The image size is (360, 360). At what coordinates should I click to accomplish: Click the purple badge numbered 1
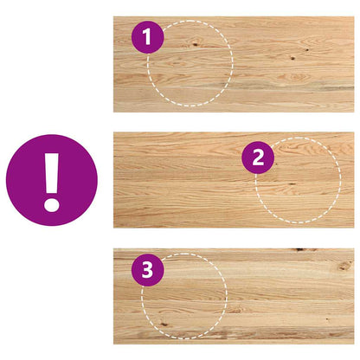tap(148, 37)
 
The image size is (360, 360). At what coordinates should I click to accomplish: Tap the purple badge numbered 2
tap(258, 157)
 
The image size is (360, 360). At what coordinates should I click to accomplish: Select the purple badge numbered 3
tap(148, 270)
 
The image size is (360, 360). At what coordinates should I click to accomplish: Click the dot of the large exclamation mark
tap(52, 205)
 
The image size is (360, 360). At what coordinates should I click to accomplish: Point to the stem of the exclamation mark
tap(52, 173)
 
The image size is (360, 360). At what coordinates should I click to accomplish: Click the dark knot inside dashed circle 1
tap(196, 44)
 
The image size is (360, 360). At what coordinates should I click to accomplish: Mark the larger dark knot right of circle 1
tap(292, 58)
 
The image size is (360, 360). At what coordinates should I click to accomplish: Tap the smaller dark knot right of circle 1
tap(307, 50)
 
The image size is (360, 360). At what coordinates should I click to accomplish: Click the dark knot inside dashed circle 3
tap(164, 324)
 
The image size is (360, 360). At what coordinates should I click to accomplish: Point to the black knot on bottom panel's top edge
tap(300, 249)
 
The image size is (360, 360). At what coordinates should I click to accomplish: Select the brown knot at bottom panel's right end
tap(344, 266)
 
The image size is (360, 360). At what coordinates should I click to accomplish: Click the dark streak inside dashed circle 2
tap(292, 183)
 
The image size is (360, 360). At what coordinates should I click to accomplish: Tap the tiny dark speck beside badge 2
tap(276, 164)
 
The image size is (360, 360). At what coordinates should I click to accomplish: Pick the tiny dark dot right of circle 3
tap(327, 319)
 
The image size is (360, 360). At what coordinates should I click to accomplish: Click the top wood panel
tap(234, 64)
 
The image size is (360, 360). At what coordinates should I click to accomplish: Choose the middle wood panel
tap(234, 180)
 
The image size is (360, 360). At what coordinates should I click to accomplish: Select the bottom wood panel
tap(234, 296)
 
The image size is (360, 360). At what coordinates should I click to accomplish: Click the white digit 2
tap(258, 157)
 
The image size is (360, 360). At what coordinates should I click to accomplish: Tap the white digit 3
tap(147, 270)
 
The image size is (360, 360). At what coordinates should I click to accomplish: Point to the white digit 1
tap(147, 37)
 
